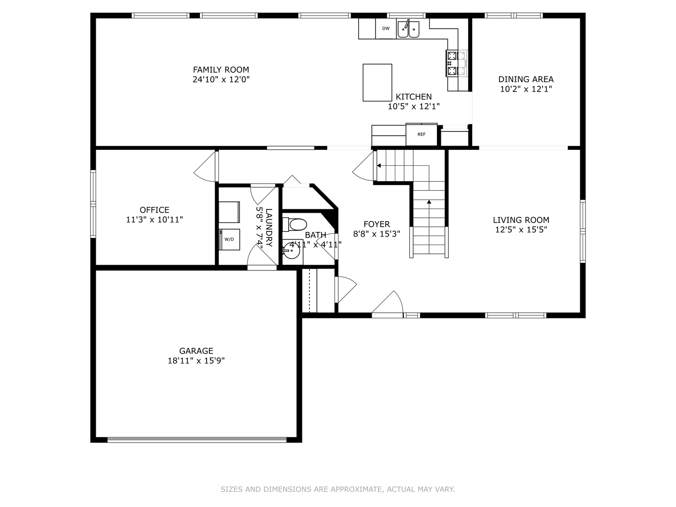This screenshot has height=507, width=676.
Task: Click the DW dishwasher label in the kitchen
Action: tap(385, 29)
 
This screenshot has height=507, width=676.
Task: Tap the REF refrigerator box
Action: tap(421, 135)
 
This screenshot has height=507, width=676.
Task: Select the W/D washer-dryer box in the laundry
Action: tap(229, 239)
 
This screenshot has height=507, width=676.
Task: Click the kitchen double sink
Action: tap(408, 29)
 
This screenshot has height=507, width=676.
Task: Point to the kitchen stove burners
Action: tap(457, 63)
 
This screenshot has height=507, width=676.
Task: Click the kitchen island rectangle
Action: tap(377, 83)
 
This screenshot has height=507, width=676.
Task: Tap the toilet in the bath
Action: tap(295, 224)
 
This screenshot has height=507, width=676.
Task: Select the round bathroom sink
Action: tap(292, 251)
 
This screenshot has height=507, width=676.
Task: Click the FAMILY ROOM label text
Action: tap(221, 70)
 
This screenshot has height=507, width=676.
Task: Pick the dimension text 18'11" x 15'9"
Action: tap(196, 361)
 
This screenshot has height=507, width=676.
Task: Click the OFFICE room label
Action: tap(154, 210)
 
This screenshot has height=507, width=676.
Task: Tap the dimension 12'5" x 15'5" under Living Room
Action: tap(521, 230)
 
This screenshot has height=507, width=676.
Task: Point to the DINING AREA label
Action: tap(526, 79)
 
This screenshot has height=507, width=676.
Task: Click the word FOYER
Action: tap(376, 224)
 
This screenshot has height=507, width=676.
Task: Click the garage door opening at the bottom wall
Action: tap(197, 440)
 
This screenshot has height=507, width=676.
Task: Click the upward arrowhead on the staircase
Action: tap(429, 202)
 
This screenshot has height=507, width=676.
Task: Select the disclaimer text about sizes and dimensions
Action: tap(338, 489)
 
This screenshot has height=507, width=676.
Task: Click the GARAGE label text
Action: tap(196, 351)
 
